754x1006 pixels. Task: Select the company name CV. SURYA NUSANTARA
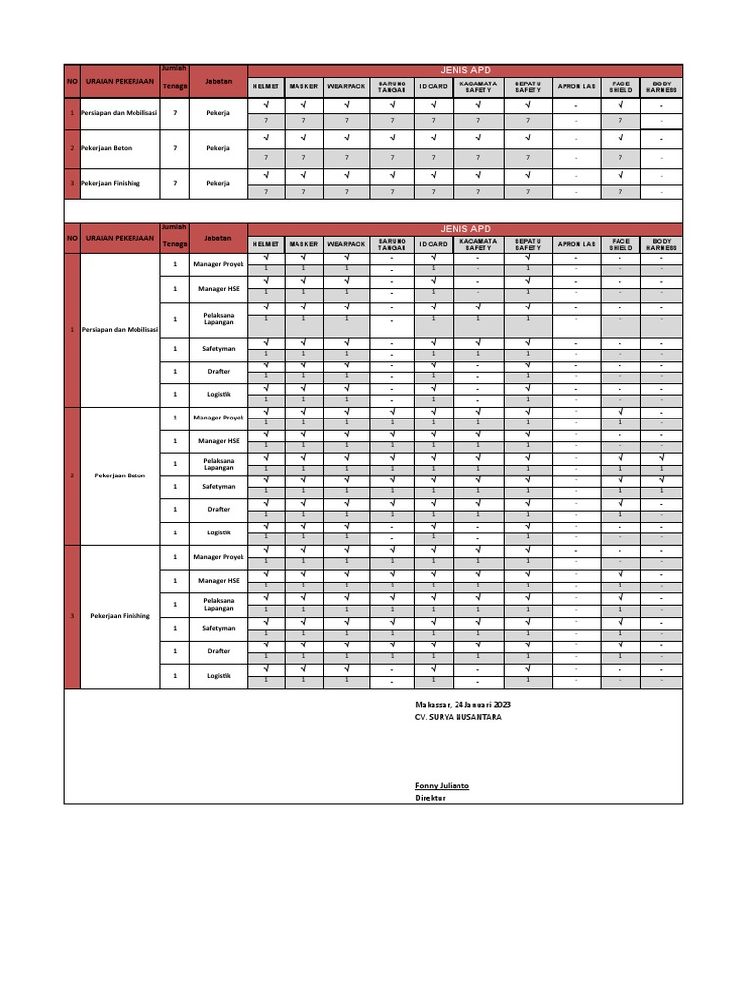458,718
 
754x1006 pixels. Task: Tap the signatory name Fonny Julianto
441,786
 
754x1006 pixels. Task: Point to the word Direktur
430,799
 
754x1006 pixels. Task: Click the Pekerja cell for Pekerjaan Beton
218,148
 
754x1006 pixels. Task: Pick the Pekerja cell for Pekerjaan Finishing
218,183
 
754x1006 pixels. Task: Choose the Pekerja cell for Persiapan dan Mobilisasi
218,113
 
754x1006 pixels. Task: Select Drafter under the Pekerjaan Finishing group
218,651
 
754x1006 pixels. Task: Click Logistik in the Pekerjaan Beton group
218,532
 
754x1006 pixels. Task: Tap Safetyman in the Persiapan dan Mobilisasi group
218,348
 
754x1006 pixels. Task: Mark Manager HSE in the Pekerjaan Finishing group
218,581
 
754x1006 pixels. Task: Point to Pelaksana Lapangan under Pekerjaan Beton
218,463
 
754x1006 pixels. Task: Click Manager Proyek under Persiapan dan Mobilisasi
218,264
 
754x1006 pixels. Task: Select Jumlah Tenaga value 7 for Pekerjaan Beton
175,148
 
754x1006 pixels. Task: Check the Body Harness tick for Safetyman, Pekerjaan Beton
662,480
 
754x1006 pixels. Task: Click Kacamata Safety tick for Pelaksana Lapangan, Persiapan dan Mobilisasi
478,307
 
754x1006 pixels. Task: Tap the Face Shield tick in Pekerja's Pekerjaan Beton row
619,139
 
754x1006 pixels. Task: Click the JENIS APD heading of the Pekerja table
465,70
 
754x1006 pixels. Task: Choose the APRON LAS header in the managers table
576,244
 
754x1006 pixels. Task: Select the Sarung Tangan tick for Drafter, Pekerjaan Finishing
392,644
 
